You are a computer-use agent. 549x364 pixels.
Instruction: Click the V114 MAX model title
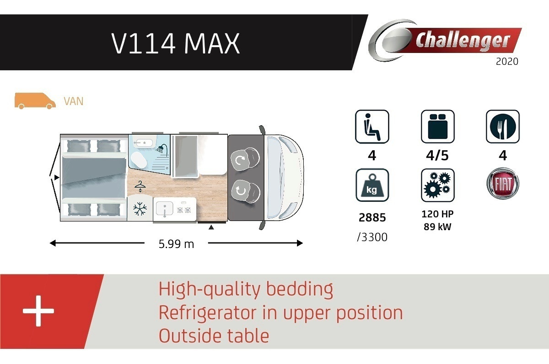[176, 43]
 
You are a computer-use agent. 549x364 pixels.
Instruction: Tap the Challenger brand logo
[445, 40]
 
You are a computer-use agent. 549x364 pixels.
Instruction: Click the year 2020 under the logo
[507, 61]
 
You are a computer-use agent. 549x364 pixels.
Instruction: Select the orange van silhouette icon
[35, 100]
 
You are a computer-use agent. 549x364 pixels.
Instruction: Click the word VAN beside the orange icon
[74, 101]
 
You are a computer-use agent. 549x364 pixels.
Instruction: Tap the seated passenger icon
[372, 127]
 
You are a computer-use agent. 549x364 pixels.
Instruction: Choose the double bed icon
[437, 127]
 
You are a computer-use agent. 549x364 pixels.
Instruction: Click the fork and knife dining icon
[503, 127]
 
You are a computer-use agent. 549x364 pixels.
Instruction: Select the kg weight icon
[372, 185]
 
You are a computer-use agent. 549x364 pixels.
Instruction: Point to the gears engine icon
[437, 185]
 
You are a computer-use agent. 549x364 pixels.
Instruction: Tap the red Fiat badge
[503, 183]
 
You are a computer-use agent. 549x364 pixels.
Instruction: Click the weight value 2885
[372, 217]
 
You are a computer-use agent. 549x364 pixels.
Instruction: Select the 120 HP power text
[437, 214]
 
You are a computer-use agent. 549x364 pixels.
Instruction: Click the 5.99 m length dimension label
[176, 244]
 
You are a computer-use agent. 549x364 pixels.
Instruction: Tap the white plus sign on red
[38, 311]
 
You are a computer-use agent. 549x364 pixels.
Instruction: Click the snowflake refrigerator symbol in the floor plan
[140, 209]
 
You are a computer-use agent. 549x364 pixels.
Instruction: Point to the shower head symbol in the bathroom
[162, 148]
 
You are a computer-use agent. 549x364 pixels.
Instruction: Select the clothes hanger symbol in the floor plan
[140, 186]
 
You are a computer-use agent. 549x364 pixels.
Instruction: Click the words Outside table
[214, 336]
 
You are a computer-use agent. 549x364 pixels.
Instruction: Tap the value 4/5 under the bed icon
[437, 156]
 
